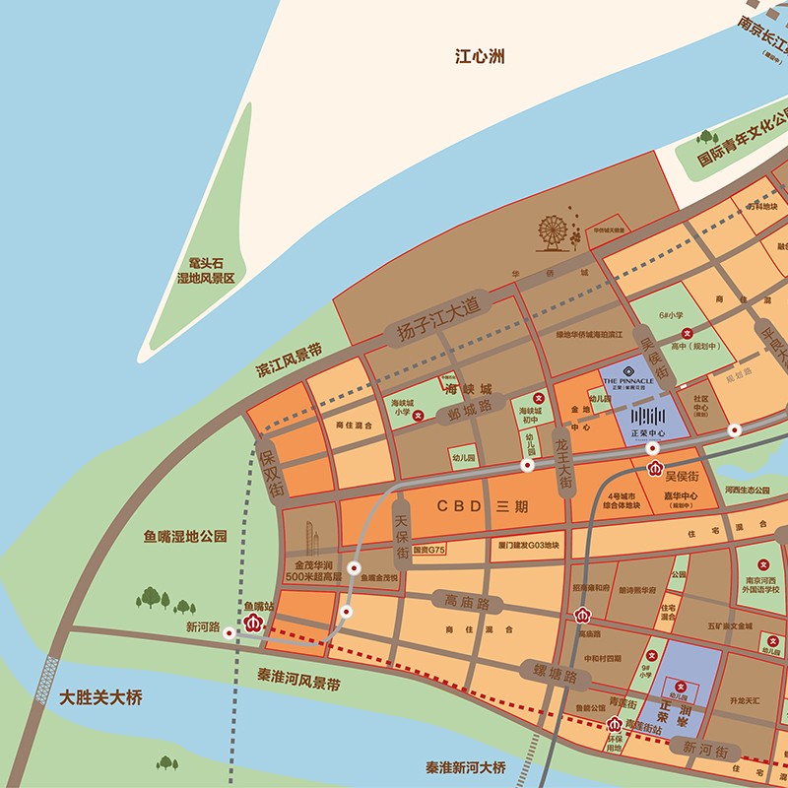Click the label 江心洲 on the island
(x=480, y=57)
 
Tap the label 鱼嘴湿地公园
(x=185, y=537)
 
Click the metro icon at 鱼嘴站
(x=253, y=623)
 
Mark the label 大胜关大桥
(x=100, y=698)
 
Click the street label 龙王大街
(x=563, y=464)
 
